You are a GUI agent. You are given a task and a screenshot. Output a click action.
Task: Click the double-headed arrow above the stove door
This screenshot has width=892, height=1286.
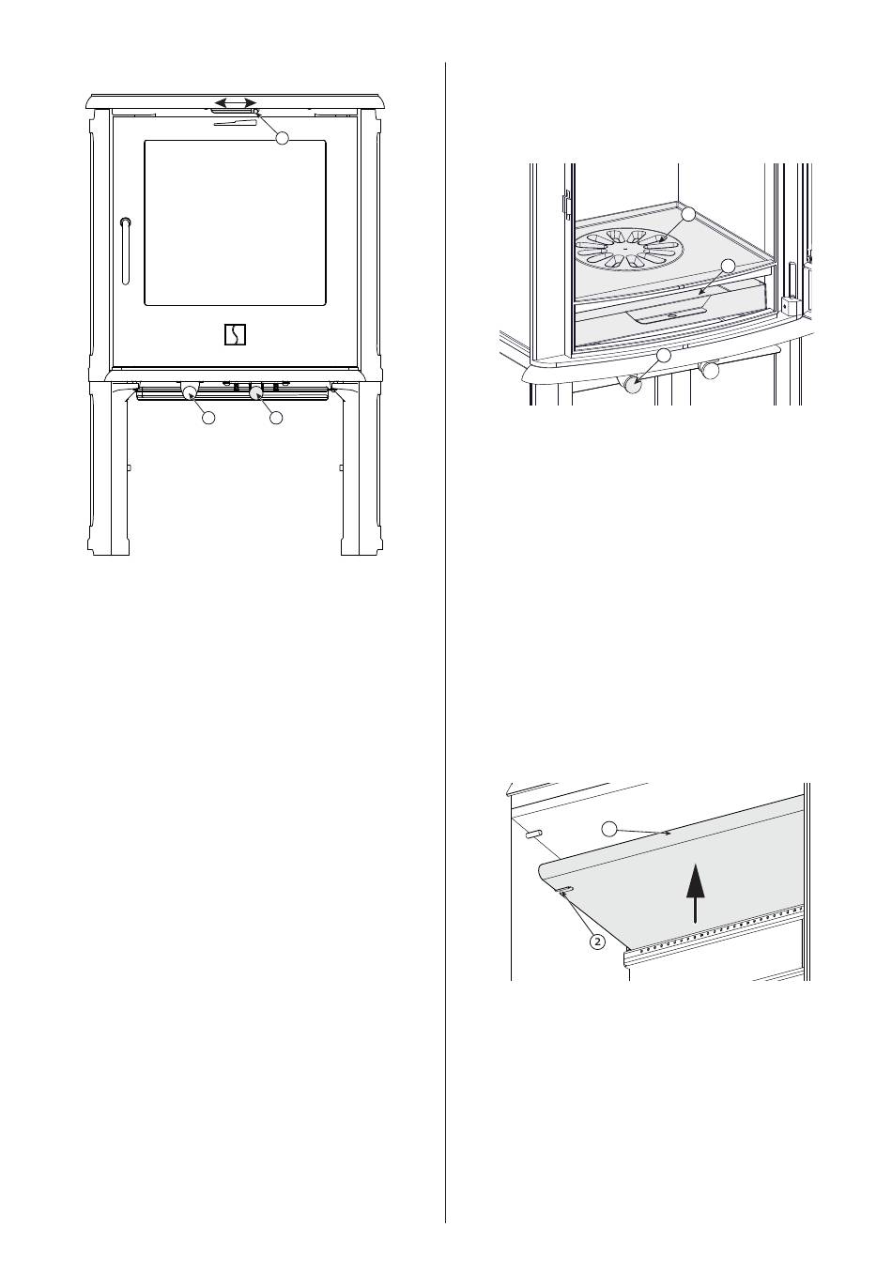pos(234,101)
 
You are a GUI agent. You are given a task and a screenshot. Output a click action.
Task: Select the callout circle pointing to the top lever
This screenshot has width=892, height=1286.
pos(282,138)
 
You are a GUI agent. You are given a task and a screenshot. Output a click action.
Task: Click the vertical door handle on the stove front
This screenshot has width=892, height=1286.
pos(126,251)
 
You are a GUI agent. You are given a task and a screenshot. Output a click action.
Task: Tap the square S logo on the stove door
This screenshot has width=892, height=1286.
pos(235,334)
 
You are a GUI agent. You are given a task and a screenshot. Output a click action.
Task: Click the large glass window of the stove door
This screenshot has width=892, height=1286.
pos(235,222)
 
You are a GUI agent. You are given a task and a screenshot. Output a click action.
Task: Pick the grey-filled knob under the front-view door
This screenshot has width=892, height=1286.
pos(254,391)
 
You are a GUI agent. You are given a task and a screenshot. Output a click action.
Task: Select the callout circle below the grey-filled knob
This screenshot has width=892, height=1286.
pos(275,418)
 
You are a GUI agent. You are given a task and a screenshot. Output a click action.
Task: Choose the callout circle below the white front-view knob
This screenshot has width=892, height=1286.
pos(209,418)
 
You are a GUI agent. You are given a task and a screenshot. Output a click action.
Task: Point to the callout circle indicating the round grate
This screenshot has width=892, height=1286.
pos(688,215)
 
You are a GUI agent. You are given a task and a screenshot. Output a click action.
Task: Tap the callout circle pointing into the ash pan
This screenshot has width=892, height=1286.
pos(728,266)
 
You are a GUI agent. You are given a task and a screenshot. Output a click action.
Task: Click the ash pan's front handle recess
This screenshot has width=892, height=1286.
pos(669,314)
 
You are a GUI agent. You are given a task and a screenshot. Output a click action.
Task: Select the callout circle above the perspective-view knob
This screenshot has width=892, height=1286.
pos(664,355)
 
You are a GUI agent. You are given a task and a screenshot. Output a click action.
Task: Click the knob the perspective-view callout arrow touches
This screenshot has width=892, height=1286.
pos(634,385)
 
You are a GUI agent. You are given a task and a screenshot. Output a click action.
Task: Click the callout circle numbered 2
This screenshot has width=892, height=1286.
pos(596,941)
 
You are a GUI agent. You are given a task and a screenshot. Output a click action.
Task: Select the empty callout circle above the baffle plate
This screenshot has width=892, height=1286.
pos(609,828)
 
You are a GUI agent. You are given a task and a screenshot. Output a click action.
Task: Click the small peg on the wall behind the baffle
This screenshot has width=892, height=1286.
pos(533,834)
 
